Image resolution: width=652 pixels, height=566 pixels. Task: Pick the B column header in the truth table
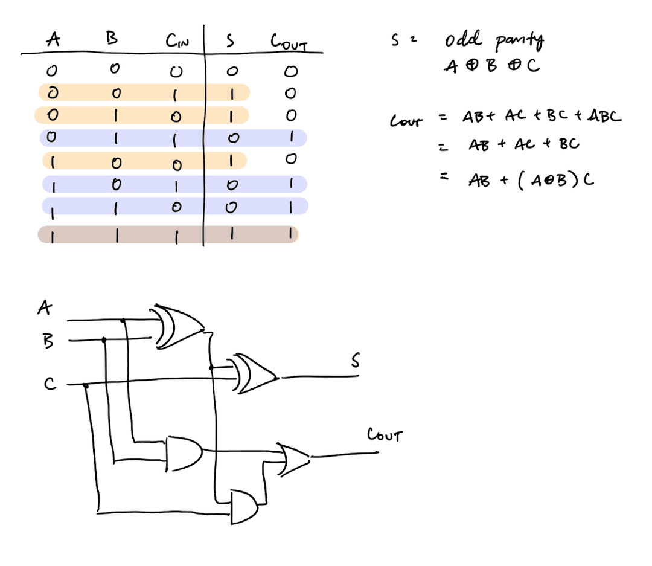click(x=111, y=40)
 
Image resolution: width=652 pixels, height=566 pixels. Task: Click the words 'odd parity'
click(x=494, y=42)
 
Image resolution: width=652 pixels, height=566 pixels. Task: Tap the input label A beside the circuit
click(x=43, y=309)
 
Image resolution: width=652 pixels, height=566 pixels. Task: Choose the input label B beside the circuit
click(x=48, y=341)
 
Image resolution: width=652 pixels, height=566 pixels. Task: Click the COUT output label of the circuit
click(x=384, y=435)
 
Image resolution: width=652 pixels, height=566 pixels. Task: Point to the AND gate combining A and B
click(x=184, y=450)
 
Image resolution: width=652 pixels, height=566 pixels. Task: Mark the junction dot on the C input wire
click(x=86, y=385)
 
